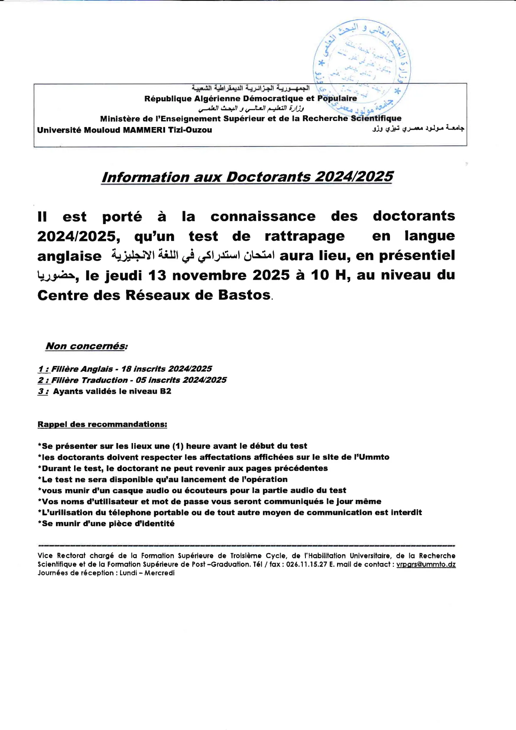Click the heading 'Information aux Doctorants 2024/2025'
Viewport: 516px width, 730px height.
coord(247,177)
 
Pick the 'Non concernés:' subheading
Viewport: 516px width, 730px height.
coord(87,346)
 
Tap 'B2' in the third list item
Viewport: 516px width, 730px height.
coord(166,391)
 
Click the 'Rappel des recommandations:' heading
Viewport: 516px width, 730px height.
coord(102,424)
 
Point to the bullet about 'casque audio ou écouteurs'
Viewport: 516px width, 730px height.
coord(192,490)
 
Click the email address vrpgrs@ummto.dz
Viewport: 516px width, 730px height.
coord(425,564)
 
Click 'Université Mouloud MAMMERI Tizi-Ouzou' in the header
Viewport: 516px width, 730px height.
coord(125,130)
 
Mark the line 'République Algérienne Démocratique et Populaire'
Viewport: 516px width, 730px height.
coord(250,99)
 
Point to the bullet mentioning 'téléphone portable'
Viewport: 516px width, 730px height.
coord(230,512)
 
